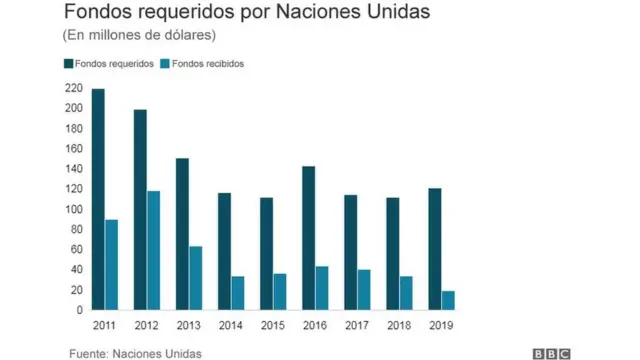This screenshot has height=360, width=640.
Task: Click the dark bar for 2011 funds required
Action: pyautogui.click(x=98, y=200)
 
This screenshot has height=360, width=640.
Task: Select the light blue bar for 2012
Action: pyautogui.click(x=153, y=251)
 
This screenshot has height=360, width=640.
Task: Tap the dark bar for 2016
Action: pyautogui.click(x=309, y=238)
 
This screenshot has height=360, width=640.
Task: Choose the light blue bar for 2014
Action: pyautogui.click(x=238, y=293)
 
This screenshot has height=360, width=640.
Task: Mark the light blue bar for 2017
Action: pyautogui.click(x=364, y=290)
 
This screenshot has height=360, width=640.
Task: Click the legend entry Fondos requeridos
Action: pyautogui.click(x=109, y=64)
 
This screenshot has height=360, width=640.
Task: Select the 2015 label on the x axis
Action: pyautogui.click(x=273, y=325)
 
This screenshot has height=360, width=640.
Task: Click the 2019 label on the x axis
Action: pyautogui.click(x=441, y=325)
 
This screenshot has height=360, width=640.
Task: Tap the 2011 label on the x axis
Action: pyautogui.click(x=104, y=325)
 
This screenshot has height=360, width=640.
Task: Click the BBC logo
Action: pyautogui.click(x=551, y=352)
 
